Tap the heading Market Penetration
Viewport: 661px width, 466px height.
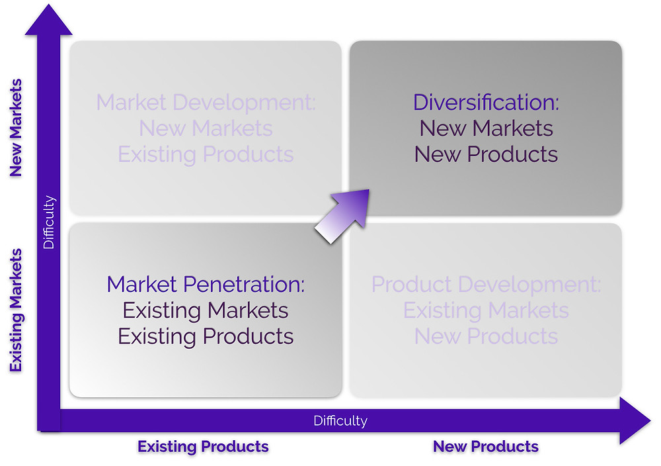206,284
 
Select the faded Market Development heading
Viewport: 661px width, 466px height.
206,103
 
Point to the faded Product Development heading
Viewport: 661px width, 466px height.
486,285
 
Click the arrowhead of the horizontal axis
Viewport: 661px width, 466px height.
635,420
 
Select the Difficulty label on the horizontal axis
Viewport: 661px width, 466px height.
340,421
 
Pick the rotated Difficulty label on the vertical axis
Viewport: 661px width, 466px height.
49,222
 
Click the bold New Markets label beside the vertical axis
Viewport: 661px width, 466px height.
16,128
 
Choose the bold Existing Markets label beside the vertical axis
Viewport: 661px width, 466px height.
16,310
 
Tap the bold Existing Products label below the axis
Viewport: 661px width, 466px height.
203,447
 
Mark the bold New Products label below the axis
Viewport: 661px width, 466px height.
486,447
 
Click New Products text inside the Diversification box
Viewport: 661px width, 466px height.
486,154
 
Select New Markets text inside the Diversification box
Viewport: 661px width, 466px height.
486,128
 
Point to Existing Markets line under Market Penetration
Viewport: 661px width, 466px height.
206,310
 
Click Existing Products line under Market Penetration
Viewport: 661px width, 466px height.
206,336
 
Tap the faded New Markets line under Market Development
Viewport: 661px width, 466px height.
206,128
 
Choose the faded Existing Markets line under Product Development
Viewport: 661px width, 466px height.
486,310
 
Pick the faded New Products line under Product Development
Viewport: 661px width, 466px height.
486,336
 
